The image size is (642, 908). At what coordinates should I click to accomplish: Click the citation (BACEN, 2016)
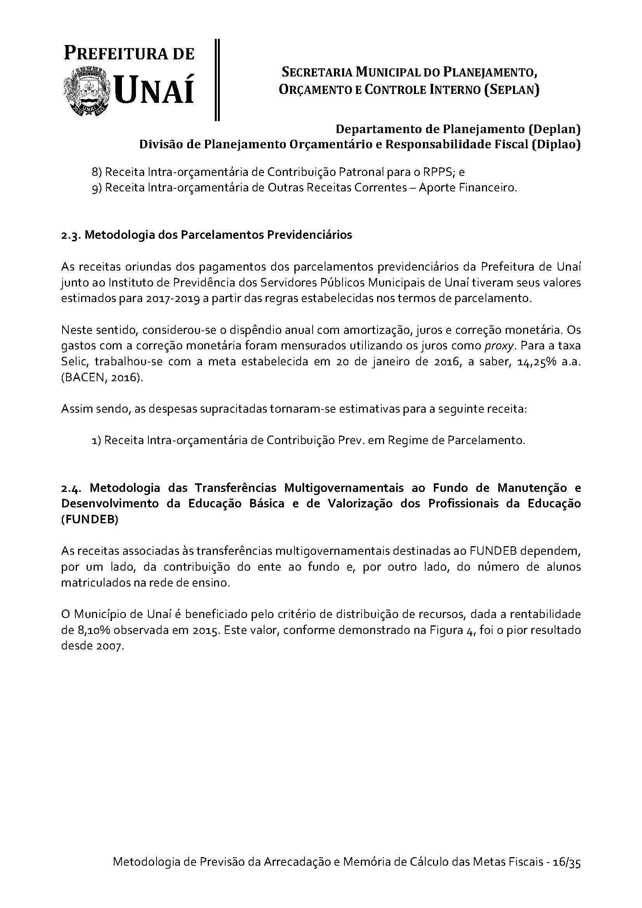pyautogui.click(x=101, y=378)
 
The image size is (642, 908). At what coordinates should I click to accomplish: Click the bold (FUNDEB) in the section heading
pyautogui.click(x=90, y=520)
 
